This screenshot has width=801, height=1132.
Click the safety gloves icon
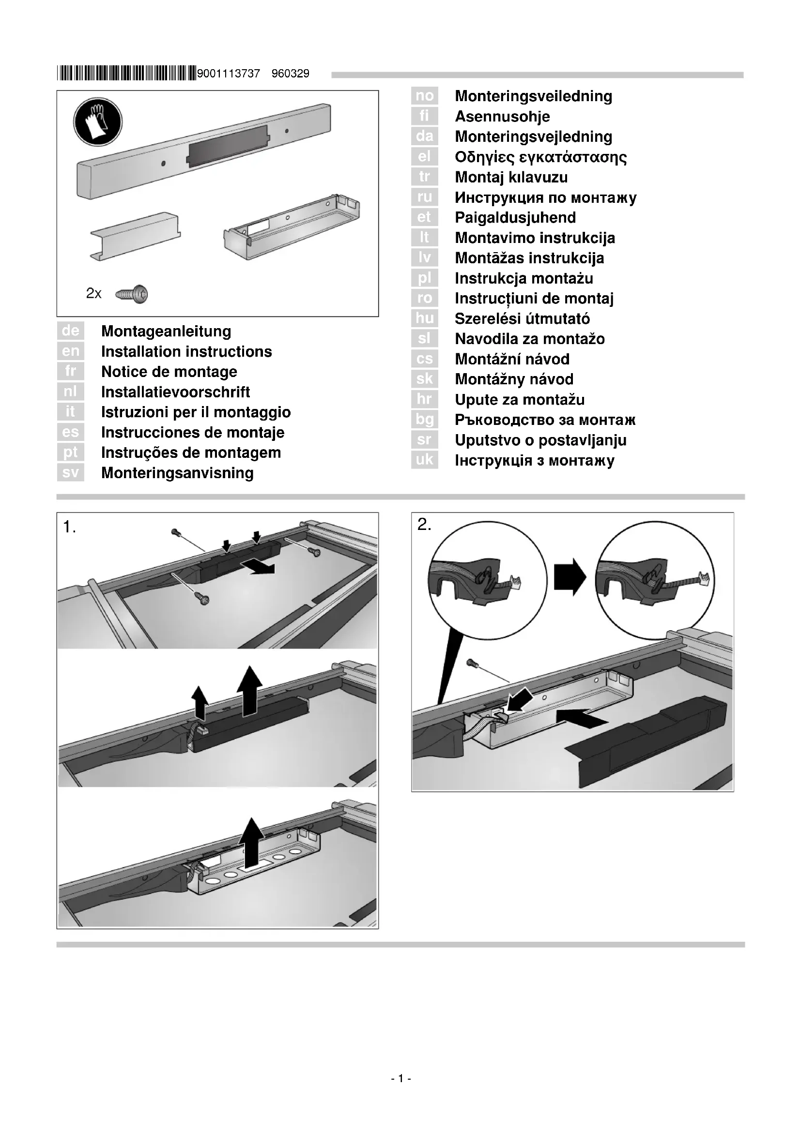98,121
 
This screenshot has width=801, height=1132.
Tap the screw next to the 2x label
132,294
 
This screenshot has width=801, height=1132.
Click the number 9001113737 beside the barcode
229,74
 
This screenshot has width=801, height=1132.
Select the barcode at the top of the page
126,74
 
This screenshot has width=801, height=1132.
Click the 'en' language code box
71,351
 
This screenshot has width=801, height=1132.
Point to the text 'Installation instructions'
186,351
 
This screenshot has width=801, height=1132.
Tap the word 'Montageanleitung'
166,332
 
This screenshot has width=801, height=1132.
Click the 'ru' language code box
424,197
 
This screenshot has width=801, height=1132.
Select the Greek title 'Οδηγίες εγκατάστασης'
540,157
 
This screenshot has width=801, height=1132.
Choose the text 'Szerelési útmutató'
522,318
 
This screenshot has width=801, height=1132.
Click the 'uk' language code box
424,460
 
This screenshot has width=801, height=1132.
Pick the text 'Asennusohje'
502,116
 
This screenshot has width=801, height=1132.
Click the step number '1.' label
70,528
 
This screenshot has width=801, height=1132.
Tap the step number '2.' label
424,525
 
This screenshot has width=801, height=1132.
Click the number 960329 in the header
291,74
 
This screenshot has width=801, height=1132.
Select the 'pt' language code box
71,452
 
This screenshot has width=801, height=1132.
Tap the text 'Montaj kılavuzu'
511,177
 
